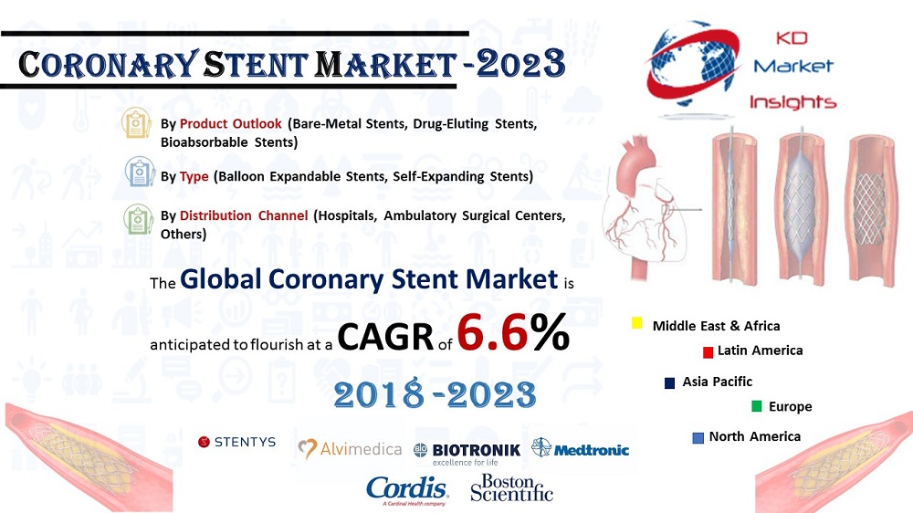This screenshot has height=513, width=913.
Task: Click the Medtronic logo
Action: coord(580,449)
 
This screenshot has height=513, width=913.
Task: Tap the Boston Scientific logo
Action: coord(512,488)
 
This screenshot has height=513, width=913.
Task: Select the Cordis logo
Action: coord(406,491)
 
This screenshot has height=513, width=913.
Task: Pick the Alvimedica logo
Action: coord(350,449)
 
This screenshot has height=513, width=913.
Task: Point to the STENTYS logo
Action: coord(237,442)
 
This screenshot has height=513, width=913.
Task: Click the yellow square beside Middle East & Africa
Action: coord(637,323)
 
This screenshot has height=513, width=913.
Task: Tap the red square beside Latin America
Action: coord(708,352)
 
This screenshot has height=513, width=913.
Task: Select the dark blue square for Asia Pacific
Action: coord(669,383)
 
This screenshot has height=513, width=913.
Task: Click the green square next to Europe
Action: coord(756,406)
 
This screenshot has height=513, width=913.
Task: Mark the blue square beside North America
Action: coord(698,438)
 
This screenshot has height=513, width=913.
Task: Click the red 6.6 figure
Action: coord(492,332)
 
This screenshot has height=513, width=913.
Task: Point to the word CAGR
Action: coord(385,337)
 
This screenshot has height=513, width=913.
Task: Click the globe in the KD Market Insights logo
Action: coord(692,64)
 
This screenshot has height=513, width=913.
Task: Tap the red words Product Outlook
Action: coord(231,123)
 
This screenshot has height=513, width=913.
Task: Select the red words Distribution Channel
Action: coord(244,215)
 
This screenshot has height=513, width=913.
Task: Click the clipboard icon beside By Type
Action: coord(140,172)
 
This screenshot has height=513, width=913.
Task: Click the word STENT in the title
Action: coord(256,65)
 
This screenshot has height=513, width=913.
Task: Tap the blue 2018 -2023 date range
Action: coord(435,395)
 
